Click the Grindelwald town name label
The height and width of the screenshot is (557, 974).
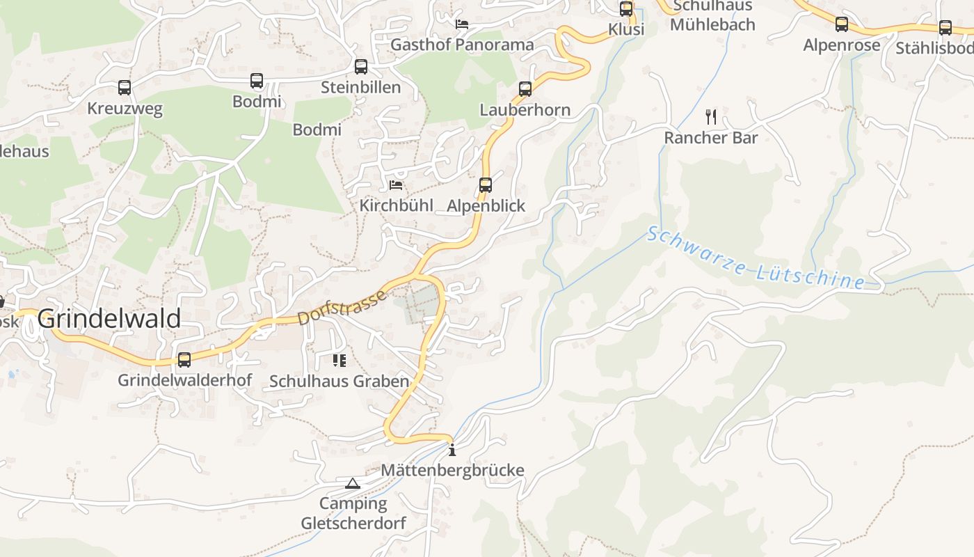(109, 319)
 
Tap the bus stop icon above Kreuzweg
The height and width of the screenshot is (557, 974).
(125, 88)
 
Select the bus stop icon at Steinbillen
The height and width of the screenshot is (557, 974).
(360, 67)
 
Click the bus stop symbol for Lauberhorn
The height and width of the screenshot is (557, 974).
(525, 89)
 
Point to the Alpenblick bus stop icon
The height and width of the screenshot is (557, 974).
(486, 185)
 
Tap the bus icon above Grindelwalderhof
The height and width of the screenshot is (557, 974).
(184, 360)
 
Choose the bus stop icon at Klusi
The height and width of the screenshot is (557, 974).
(626, 9)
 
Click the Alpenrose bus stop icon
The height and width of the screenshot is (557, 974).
(842, 24)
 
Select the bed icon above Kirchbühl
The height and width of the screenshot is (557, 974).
(396, 185)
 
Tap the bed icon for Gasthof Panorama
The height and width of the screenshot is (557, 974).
(462, 24)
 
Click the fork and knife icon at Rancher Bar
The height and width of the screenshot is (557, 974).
(710, 116)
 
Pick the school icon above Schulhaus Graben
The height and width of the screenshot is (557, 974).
(340, 361)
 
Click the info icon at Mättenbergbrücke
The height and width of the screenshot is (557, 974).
(452, 450)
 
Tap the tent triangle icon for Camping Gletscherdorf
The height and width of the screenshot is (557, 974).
(353, 483)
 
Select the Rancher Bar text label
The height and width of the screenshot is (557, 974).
(710, 138)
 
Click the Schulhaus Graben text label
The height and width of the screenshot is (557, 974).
(339, 382)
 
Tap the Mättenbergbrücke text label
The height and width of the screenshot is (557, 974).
(452, 471)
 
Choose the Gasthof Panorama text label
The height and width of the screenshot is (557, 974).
(462, 45)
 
